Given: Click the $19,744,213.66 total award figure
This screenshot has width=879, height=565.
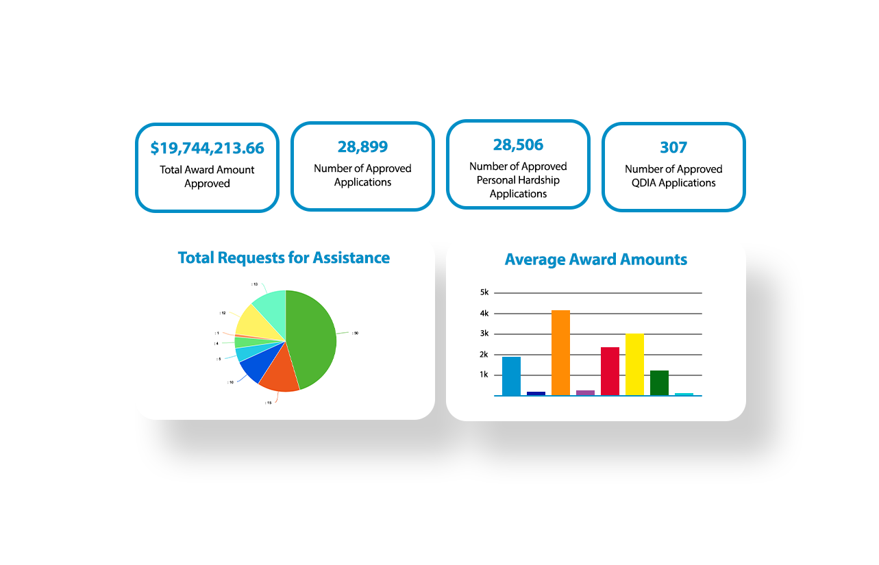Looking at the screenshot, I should tap(207, 148).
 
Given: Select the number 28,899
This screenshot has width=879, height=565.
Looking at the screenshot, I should tap(362, 147).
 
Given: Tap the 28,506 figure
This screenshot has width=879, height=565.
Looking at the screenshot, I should tap(518, 145).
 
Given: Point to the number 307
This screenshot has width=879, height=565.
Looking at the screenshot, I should tap(673, 147).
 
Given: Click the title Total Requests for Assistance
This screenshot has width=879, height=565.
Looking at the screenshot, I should tap(284, 258).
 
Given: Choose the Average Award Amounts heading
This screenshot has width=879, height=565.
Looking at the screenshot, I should tap(595, 260).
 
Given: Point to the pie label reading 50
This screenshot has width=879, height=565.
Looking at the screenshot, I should tap(356, 334).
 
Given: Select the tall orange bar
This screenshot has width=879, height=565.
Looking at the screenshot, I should tap(560, 353).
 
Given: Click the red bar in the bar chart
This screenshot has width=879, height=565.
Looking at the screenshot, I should tap(610, 371).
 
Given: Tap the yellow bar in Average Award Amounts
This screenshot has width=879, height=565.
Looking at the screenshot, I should tap(634, 364).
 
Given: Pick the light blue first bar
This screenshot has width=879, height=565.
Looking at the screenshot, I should tap(511, 376).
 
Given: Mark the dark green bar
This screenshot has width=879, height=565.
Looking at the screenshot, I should tap(659, 383).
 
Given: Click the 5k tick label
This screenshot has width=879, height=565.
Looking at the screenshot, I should tap(484, 292).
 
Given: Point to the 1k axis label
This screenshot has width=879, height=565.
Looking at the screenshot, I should tap(484, 375).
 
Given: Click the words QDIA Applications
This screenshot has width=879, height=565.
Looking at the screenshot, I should tap(673, 184).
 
